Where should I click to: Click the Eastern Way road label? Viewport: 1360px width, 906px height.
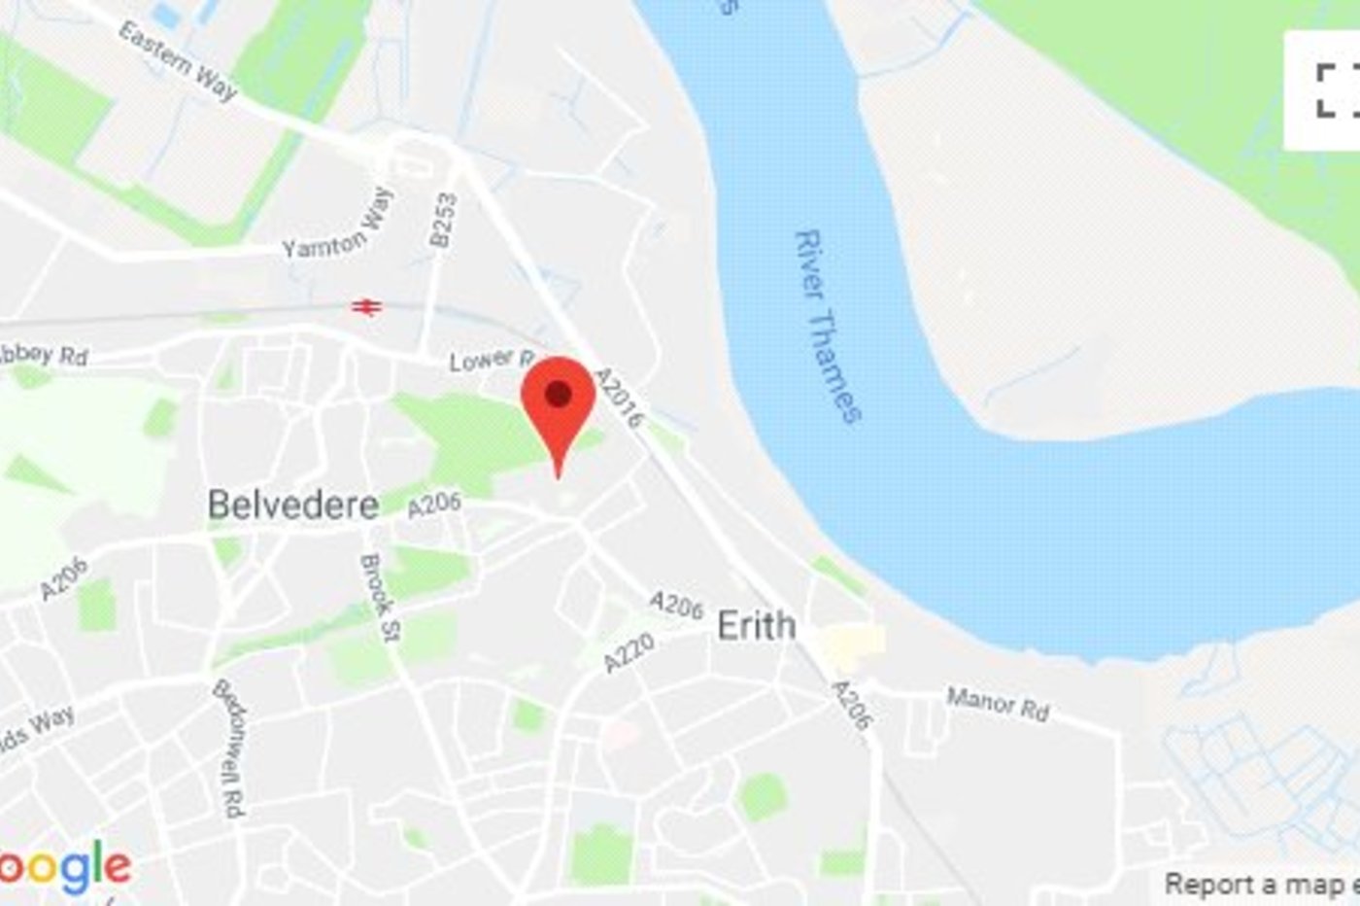[x=178, y=61]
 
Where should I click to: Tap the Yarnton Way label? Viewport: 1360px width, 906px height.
[x=338, y=225]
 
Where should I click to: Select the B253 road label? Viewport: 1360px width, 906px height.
[x=442, y=220]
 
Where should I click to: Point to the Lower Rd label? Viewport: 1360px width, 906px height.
[x=492, y=361]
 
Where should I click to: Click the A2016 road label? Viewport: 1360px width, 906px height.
[x=619, y=397]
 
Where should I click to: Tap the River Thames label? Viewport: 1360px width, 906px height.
[x=827, y=326]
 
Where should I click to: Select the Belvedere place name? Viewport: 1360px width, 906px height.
[x=293, y=505]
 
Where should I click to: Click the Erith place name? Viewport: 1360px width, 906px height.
[x=757, y=625]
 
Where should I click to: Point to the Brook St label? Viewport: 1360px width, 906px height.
[x=379, y=598]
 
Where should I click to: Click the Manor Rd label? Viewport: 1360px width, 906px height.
[x=998, y=704]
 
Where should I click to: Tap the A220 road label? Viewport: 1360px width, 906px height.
[x=629, y=652]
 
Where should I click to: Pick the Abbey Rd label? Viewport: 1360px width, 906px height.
[x=44, y=354]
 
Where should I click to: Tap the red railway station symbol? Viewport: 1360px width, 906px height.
[x=366, y=307]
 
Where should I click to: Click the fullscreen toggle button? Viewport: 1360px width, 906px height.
[x=1337, y=89]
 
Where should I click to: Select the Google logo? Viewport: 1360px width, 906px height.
[x=64, y=868]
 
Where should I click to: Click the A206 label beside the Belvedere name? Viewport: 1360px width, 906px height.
[x=433, y=505]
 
